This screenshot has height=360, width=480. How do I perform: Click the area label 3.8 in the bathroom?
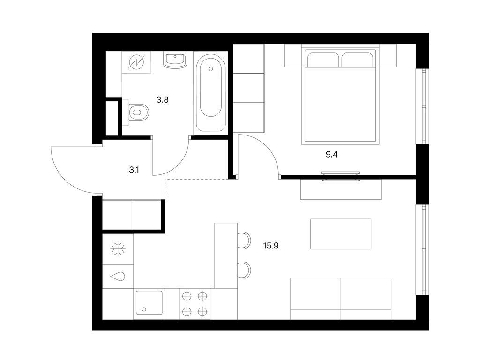pyautogui.click(x=163, y=100)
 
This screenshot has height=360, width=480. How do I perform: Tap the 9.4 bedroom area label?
pyautogui.click(x=331, y=155)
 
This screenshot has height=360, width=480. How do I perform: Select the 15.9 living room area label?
pyautogui.click(x=271, y=246)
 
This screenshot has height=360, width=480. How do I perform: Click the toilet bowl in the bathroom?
pyautogui.click(x=138, y=112)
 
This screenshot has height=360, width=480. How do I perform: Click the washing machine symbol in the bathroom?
pyautogui.click(x=136, y=62)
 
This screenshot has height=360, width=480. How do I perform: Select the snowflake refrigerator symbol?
pyautogui.click(x=118, y=249)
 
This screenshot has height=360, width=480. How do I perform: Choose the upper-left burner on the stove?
pyautogui.click(x=186, y=296)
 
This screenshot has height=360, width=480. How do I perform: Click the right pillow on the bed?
pyautogui.click(x=357, y=60)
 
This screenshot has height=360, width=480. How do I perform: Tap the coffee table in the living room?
pyautogui.click(x=341, y=234)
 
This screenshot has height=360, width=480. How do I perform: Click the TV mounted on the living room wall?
pyautogui.click(x=340, y=177)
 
